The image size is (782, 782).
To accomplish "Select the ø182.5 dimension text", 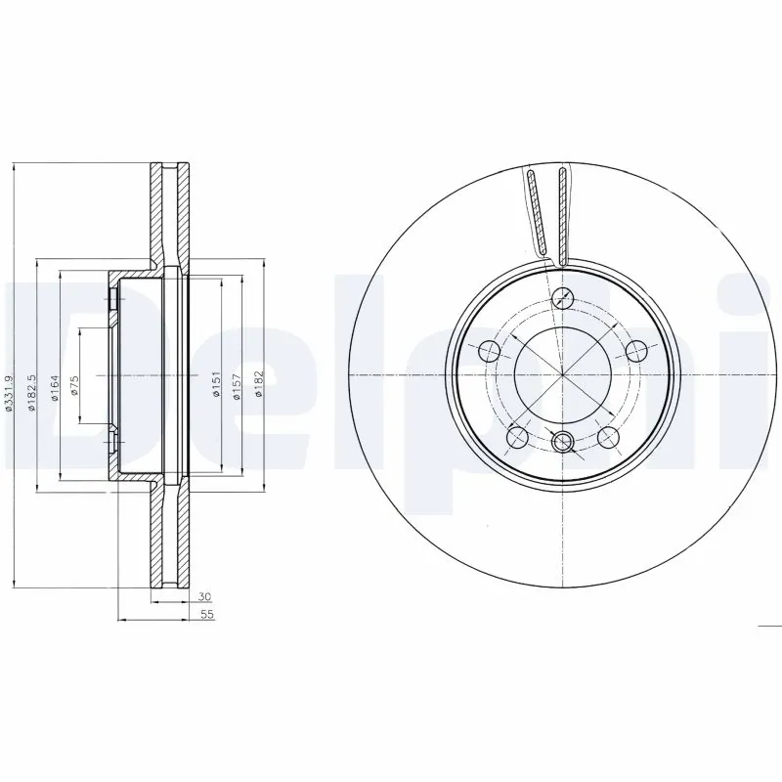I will pyautogui.click(x=31, y=392).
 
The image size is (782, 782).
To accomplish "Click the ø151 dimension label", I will pyautogui.click(x=214, y=381).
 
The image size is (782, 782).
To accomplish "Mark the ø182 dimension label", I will pyautogui.click(x=259, y=381).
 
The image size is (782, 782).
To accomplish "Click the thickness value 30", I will pyautogui.click(x=204, y=595).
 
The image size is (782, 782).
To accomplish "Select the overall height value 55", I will pyautogui.click(x=206, y=615).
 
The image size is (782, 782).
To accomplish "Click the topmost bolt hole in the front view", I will pyautogui.click(x=562, y=299).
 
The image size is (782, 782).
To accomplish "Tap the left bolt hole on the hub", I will pyautogui.click(x=490, y=351).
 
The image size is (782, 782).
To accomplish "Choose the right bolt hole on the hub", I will pyautogui.click(x=636, y=351).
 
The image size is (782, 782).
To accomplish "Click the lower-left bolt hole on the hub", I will pyautogui.click(x=519, y=436).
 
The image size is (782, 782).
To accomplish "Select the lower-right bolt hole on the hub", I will pyautogui.click(x=608, y=436).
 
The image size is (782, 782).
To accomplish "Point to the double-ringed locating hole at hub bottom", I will pyautogui.click(x=563, y=443).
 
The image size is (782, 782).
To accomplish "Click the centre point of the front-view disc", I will pyautogui.click(x=563, y=375).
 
